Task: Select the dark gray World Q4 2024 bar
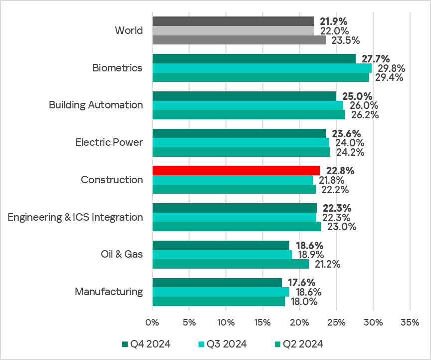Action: pyautogui.click(x=233, y=21)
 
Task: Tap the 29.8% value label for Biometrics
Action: pyautogui.click(x=391, y=68)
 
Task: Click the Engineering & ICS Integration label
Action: pyautogui.click(x=75, y=217)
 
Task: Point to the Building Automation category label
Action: pyautogui.click(x=96, y=105)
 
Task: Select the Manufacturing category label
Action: pyautogui.click(x=109, y=292)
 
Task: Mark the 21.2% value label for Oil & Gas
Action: pyautogui.click(x=327, y=264)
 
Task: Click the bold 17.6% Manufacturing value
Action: pyautogui.click(x=300, y=283)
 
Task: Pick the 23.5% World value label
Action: pyautogui.click(x=344, y=40)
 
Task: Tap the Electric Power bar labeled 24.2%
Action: pyautogui.click(x=241, y=152)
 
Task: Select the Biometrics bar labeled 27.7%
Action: pyautogui.click(x=254, y=58)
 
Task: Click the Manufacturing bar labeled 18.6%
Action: pyautogui.click(x=220, y=292)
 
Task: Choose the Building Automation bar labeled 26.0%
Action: pyautogui.click(x=247, y=105)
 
